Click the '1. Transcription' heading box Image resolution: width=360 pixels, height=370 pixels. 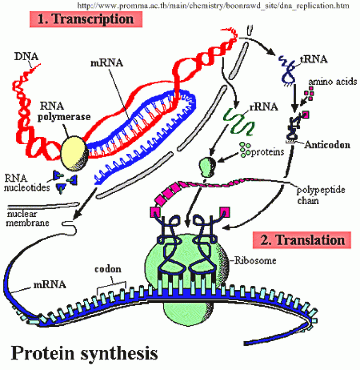[86, 19]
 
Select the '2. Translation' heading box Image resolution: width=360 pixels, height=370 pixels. [302, 240]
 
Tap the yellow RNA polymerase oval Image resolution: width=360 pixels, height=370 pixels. [74, 153]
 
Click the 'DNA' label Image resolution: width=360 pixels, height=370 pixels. [26, 56]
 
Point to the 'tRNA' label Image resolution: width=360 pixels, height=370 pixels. [314, 59]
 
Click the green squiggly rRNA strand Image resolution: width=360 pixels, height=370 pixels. [239, 122]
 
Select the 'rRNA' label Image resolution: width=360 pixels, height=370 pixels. [264, 107]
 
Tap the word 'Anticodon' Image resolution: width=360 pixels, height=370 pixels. [327, 145]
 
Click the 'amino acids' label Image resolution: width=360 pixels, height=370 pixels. [333, 82]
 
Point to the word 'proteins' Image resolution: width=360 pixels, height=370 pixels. [267, 152]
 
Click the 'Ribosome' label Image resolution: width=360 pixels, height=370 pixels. [255, 260]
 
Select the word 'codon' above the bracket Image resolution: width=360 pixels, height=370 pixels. [108, 269]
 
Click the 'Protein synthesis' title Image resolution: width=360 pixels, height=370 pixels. [84, 353]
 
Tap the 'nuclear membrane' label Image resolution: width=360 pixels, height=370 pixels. [27, 218]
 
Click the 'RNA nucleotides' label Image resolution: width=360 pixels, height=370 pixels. [27, 183]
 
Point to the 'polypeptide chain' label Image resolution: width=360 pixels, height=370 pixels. [321, 195]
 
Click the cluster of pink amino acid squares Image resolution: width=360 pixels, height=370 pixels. [309, 93]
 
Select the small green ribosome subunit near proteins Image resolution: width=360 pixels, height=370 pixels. [207, 167]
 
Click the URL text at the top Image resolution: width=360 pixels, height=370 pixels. [213, 5]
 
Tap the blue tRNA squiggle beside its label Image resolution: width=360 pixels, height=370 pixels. [288, 70]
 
